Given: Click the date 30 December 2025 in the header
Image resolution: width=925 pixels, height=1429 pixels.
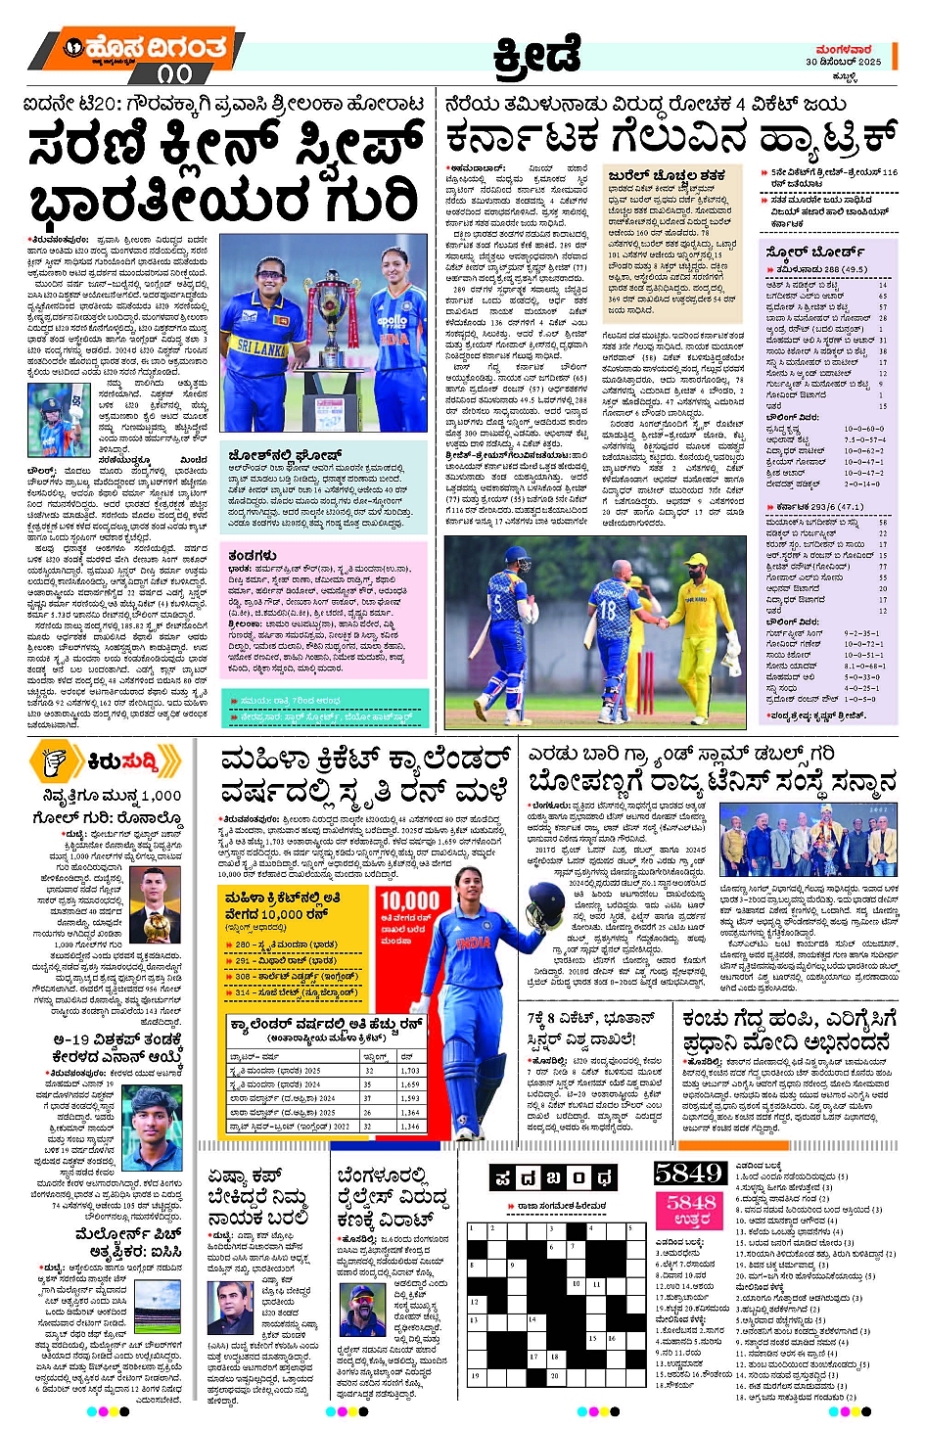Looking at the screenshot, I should (843, 62).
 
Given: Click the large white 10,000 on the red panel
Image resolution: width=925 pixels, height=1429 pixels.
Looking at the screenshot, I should (409, 901).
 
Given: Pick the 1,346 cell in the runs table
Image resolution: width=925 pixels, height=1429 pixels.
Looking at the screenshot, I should (409, 1127).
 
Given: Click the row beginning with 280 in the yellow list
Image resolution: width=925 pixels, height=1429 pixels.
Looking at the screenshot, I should (294, 945).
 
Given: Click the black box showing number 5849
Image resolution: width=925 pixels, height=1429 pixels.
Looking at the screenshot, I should (688, 1174).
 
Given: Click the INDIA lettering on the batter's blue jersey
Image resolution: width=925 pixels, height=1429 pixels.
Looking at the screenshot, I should (475, 944).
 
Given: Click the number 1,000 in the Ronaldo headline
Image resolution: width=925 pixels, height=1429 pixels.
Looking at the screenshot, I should (161, 796).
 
